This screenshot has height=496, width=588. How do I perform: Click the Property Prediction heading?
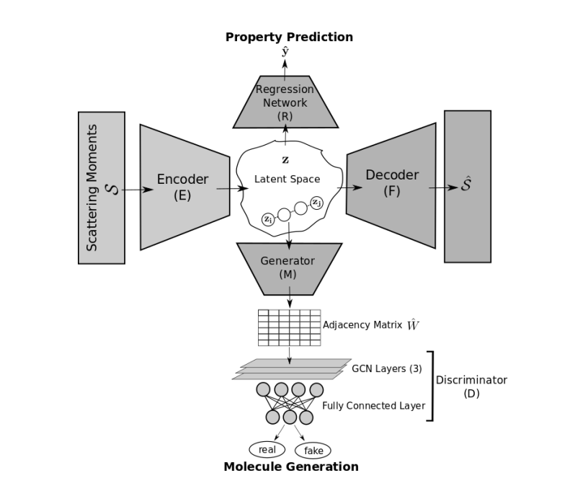point(289,37)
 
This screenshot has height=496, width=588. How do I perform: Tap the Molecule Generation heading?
point(290,466)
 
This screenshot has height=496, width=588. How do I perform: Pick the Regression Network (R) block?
point(285,102)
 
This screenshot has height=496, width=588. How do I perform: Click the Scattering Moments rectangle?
point(102,187)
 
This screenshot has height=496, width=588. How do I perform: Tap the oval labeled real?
point(267,449)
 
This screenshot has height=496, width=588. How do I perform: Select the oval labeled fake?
point(313,451)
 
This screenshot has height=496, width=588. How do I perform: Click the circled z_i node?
point(267,218)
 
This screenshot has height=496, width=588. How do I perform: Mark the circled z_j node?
point(316,202)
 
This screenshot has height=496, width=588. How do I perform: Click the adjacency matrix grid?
point(289,327)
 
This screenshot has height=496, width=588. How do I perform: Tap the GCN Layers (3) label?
point(386,368)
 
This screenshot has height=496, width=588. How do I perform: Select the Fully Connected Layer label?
point(373,406)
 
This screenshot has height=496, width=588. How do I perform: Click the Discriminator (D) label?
point(471,386)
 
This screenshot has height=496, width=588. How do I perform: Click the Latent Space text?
point(287,179)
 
